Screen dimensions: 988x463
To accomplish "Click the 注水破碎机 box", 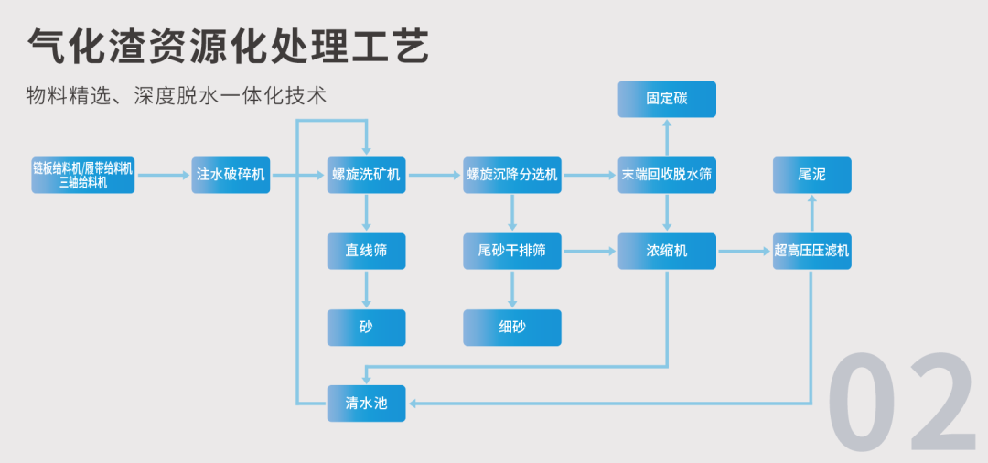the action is (x=231, y=175).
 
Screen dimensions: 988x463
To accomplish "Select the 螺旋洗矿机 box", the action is (x=366, y=175).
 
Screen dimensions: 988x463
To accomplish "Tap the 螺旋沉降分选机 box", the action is (x=512, y=175).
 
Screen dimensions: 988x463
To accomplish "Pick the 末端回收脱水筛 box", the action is (x=667, y=175).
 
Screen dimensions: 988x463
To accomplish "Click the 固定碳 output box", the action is (x=667, y=99).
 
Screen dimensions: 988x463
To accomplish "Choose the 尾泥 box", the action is (x=812, y=175).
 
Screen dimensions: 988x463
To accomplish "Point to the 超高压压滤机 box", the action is (x=812, y=252).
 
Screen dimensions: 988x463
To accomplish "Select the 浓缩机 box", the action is (x=667, y=252).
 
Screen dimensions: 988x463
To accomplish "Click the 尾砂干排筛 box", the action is (x=512, y=252).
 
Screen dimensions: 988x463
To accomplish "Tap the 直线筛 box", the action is (x=366, y=252).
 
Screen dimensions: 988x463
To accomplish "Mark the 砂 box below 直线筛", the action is (x=366, y=328).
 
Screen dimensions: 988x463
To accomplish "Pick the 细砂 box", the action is (x=512, y=328).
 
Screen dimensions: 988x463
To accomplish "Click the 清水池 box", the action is (x=366, y=404).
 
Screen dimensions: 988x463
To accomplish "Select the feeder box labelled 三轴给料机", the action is (x=83, y=175).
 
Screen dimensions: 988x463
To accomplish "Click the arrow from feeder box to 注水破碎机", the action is (x=163, y=175).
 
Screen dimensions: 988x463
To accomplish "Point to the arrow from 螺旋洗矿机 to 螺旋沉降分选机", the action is (x=435, y=175).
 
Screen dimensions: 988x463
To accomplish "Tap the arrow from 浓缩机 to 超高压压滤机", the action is (x=745, y=252).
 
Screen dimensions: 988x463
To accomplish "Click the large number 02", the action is (x=901, y=403).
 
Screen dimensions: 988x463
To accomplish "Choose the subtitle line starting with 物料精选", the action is (x=177, y=96).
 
